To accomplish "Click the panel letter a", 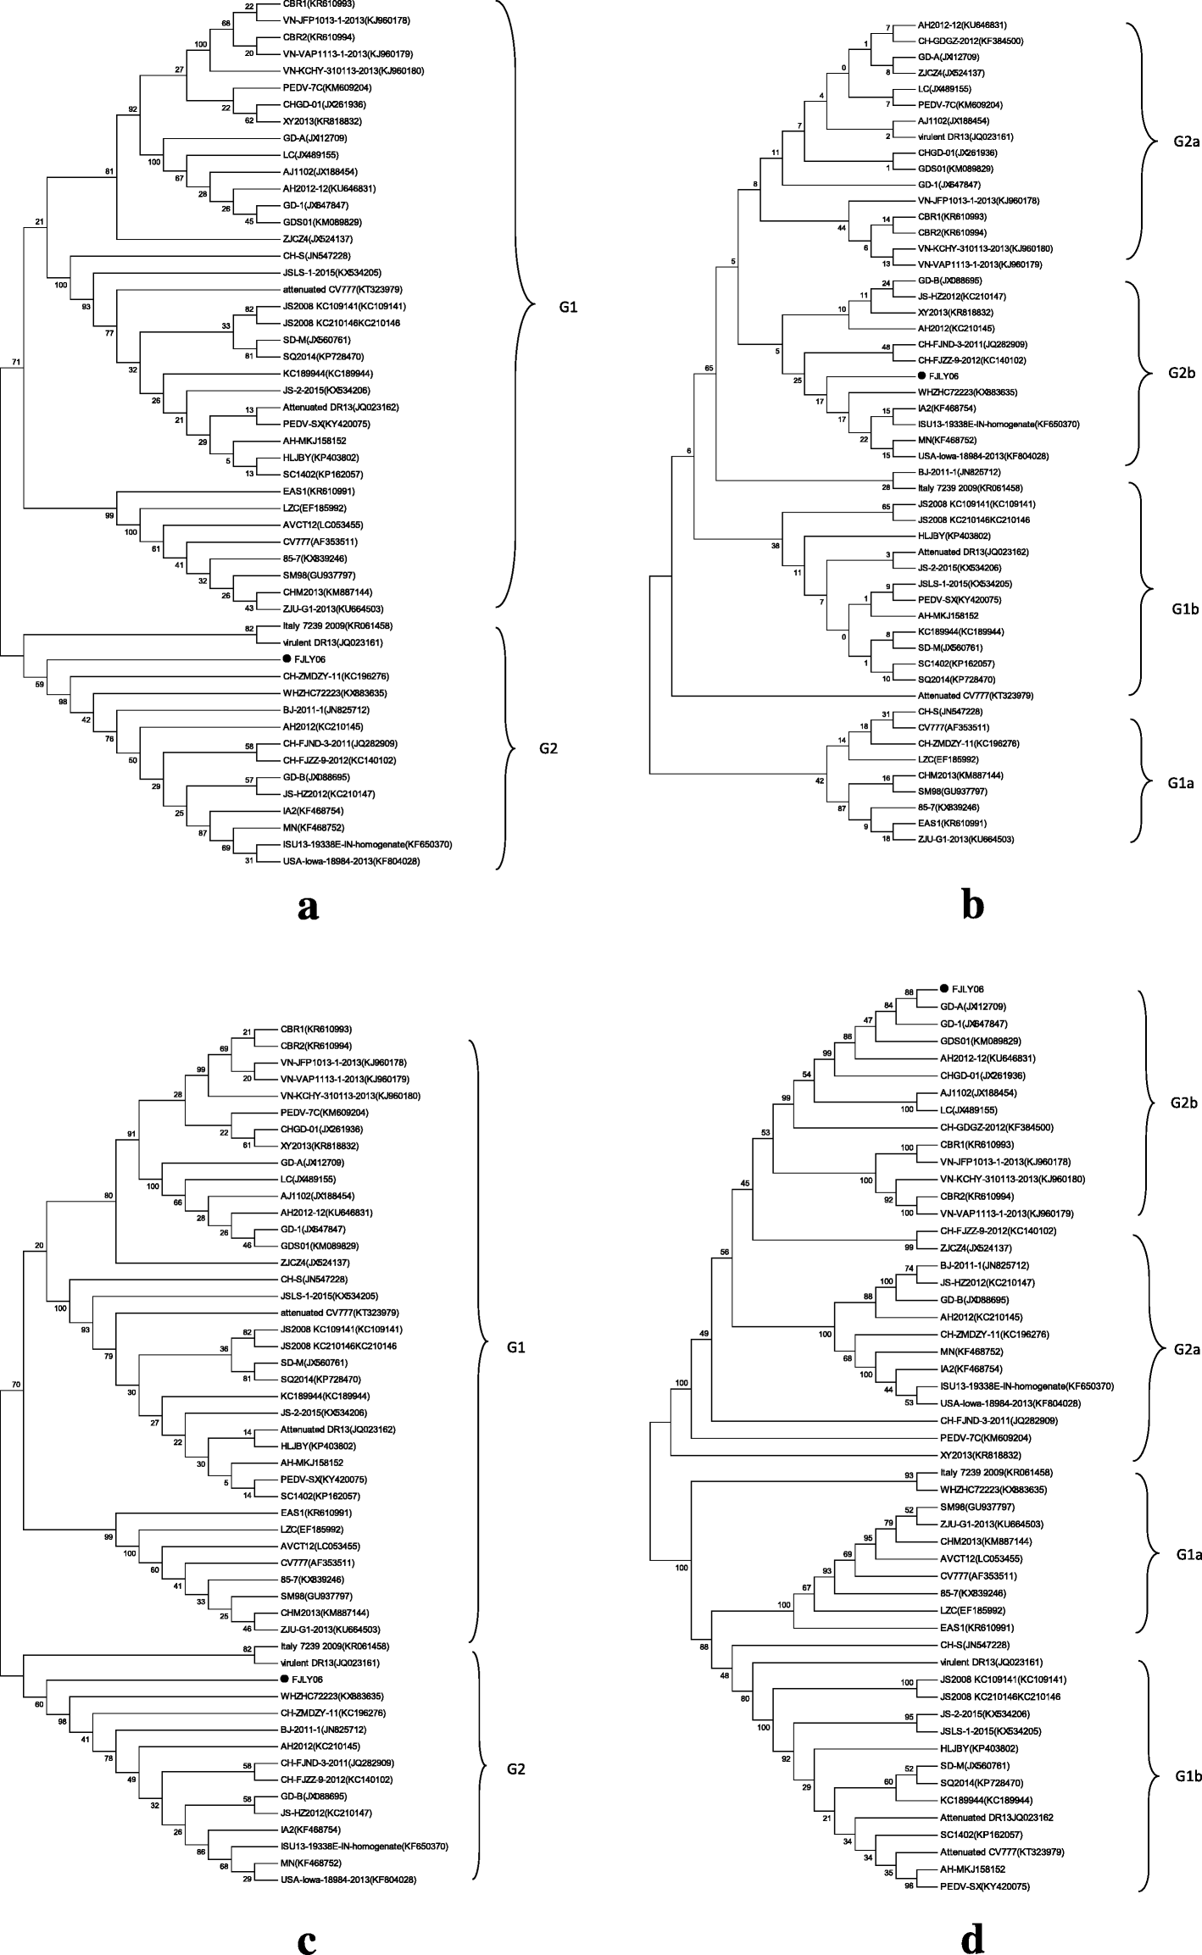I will (x=309, y=908).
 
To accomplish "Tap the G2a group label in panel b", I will (x=1173, y=142).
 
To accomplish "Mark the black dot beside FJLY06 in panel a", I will (x=287, y=659).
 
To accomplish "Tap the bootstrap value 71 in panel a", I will (x=16, y=363).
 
